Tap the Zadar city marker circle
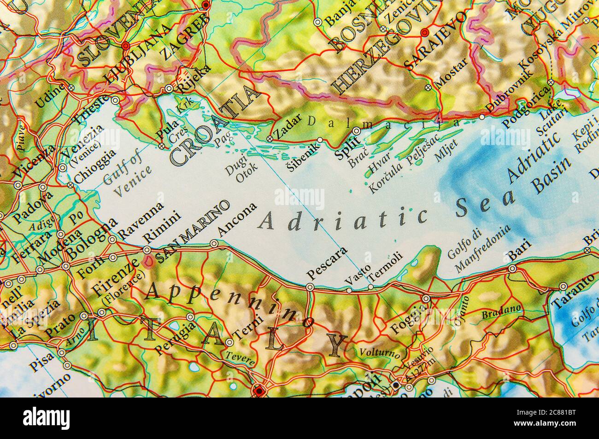(x=270, y=139)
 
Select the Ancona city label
(x=237, y=221)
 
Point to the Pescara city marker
(x=311, y=287)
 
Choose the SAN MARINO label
(x=193, y=232)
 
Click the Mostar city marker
(x=429, y=87)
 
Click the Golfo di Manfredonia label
(x=479, y=249)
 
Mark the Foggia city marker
(x=426, y=299)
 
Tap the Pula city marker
(x=162, y=146)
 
